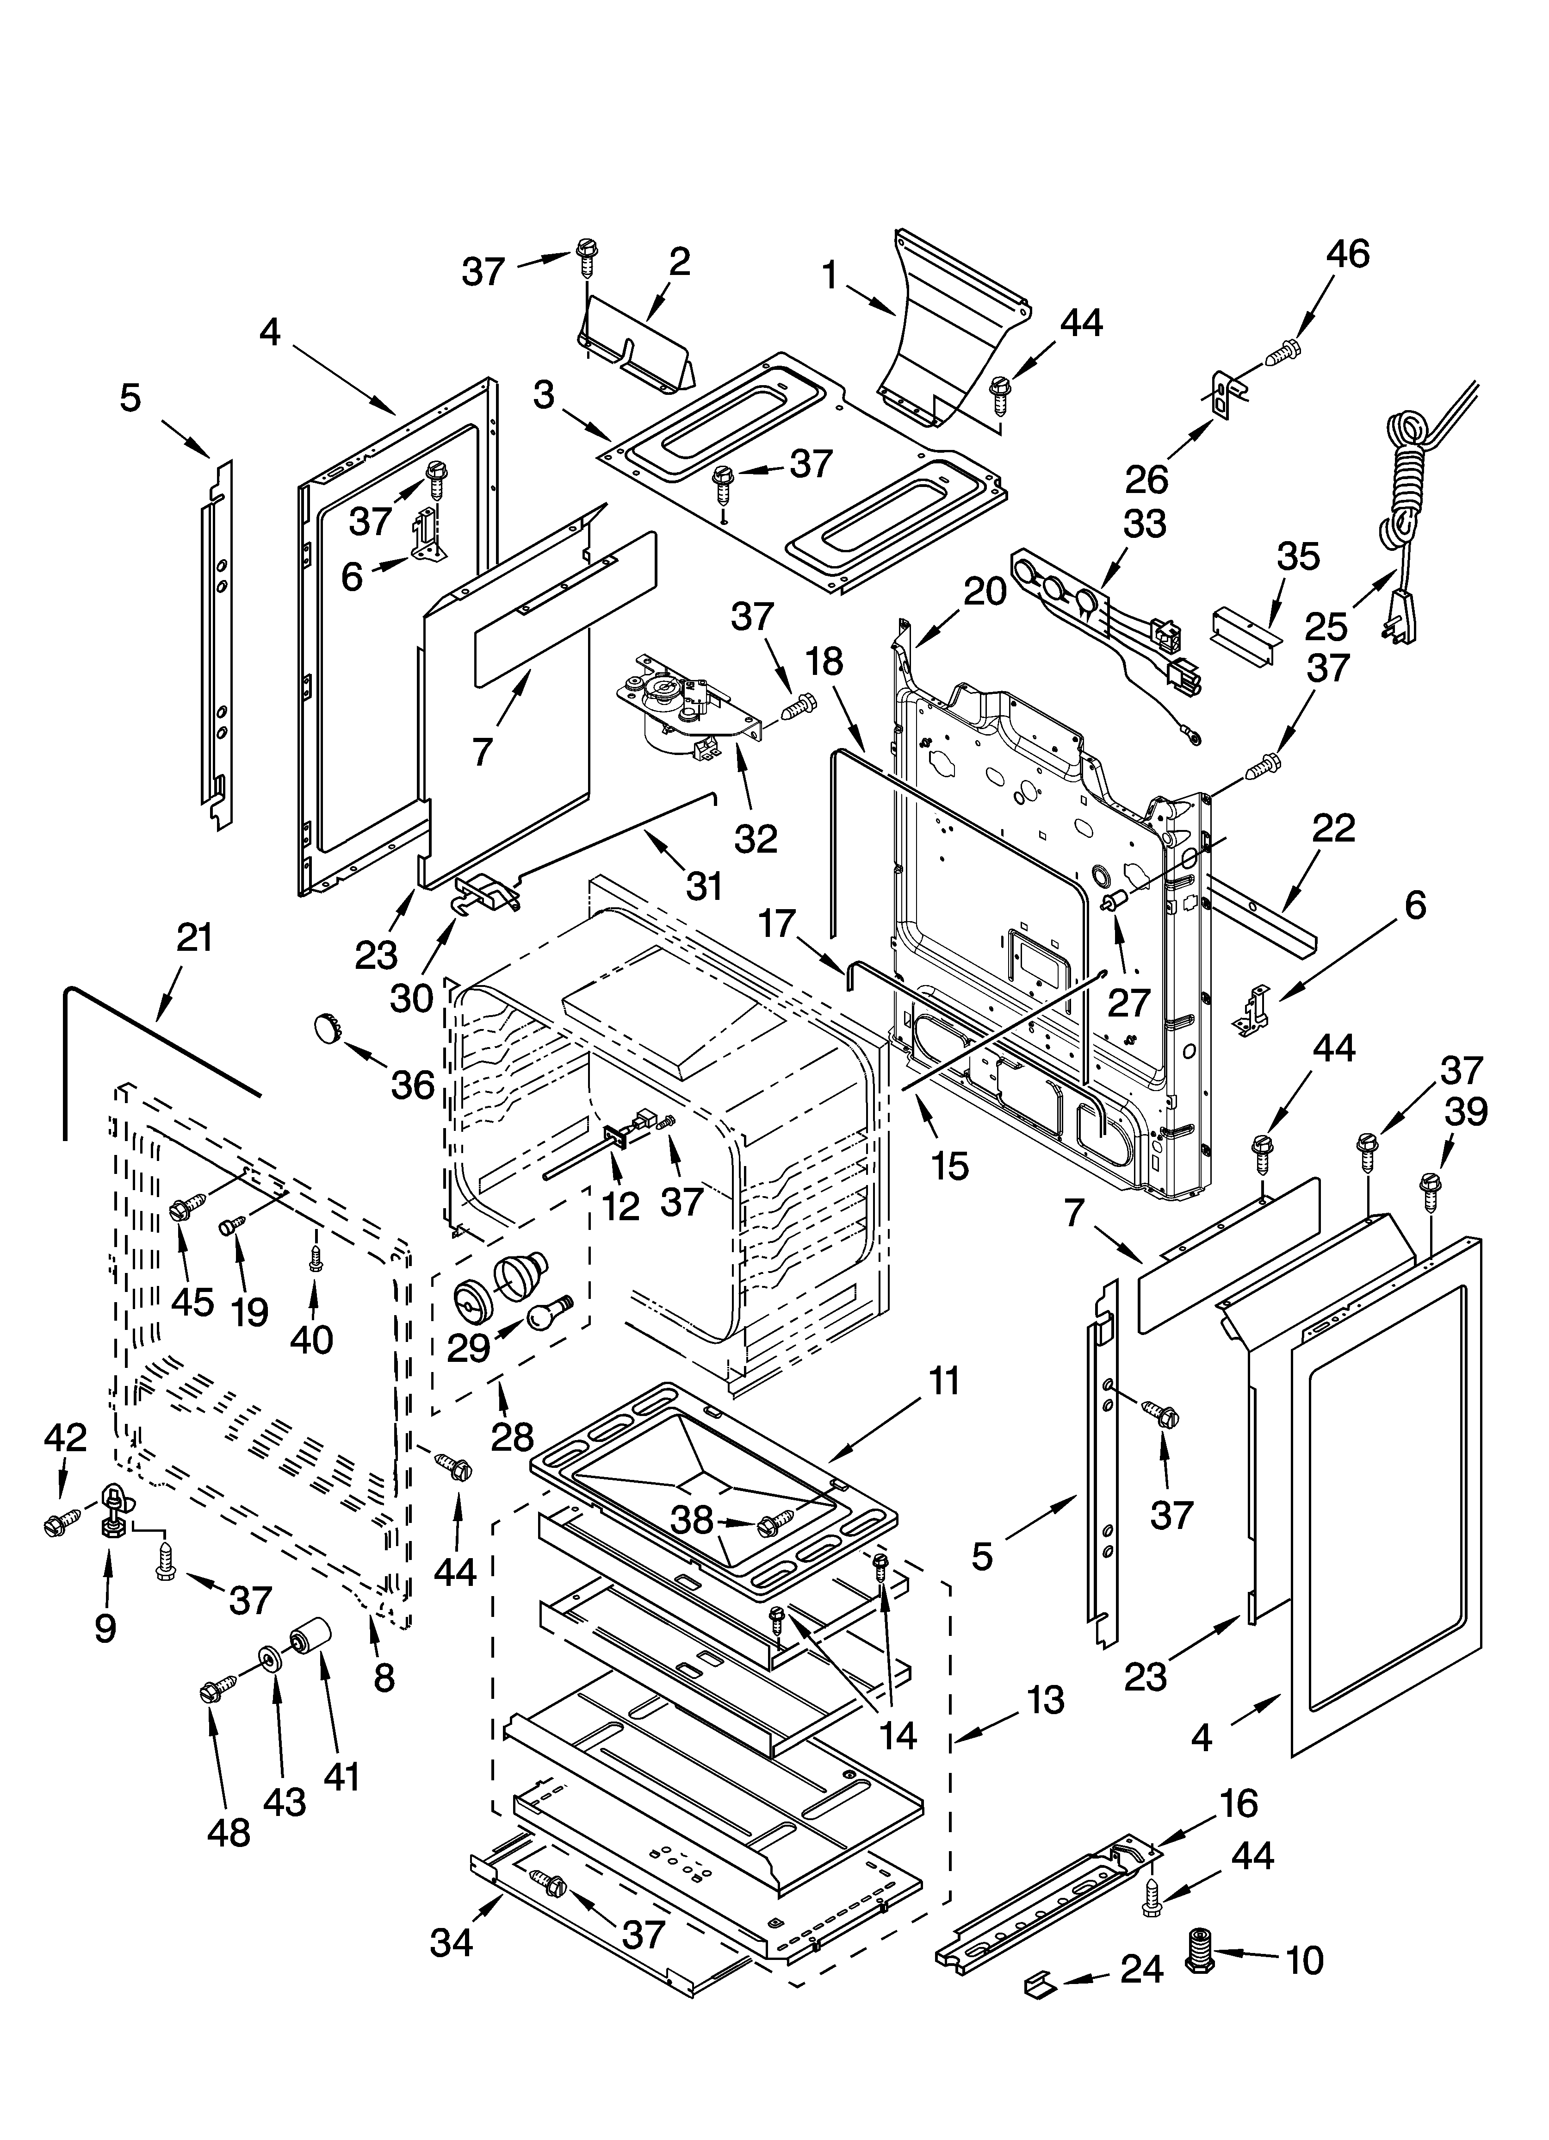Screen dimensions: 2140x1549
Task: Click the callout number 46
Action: [x=1347, y=255]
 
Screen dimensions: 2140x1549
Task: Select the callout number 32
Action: [x=756, y=837]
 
